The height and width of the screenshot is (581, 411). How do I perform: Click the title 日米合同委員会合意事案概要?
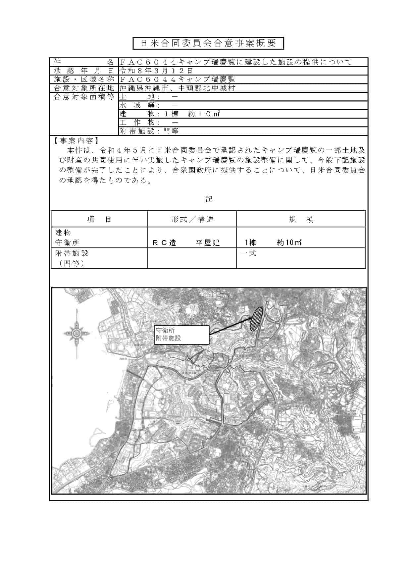click(208, 43)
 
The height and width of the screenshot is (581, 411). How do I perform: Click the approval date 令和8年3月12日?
click(156, 71)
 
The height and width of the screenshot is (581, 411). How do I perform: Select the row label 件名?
click(84, 62)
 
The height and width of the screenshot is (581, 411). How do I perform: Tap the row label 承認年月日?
click(84, 71)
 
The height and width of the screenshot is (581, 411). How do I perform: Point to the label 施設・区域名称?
click(84, 79)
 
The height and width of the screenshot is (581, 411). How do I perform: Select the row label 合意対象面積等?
click(84, 97)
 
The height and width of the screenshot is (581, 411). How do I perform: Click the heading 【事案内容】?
click(76, 141)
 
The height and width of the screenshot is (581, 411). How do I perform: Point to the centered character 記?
click(209, 199)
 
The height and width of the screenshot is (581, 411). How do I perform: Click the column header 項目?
click(99, 219)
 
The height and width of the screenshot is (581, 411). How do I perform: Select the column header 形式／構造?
click(192, 219)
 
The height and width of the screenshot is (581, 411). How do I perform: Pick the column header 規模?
click(301, 219)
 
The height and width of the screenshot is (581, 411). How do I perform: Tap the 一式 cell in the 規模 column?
click(248, 254)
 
